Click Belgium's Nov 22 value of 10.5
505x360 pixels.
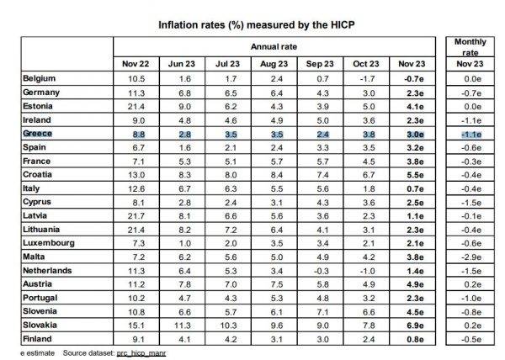[x=137, y=79]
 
